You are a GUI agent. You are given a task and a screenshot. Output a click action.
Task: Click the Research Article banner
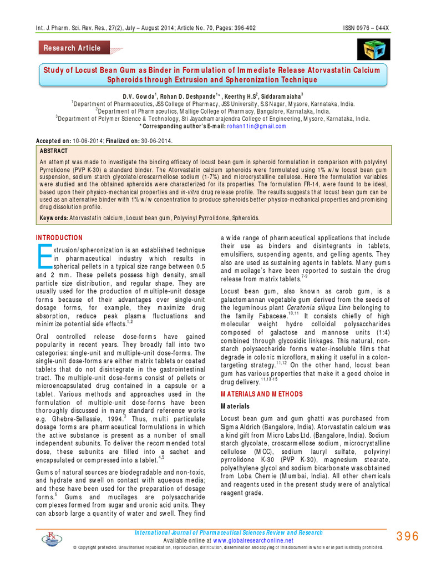pos(73,48)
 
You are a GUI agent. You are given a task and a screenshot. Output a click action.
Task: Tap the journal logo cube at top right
pos(377,49)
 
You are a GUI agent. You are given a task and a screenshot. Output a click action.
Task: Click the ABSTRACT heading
pos(54,151)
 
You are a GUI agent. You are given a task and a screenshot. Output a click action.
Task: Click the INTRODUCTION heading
pos(59,237)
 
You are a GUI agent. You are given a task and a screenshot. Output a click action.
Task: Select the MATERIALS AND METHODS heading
pos(262,394)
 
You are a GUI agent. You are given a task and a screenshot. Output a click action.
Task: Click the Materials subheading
pos(235,407)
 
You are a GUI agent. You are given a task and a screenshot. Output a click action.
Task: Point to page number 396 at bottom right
pos(407,536)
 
